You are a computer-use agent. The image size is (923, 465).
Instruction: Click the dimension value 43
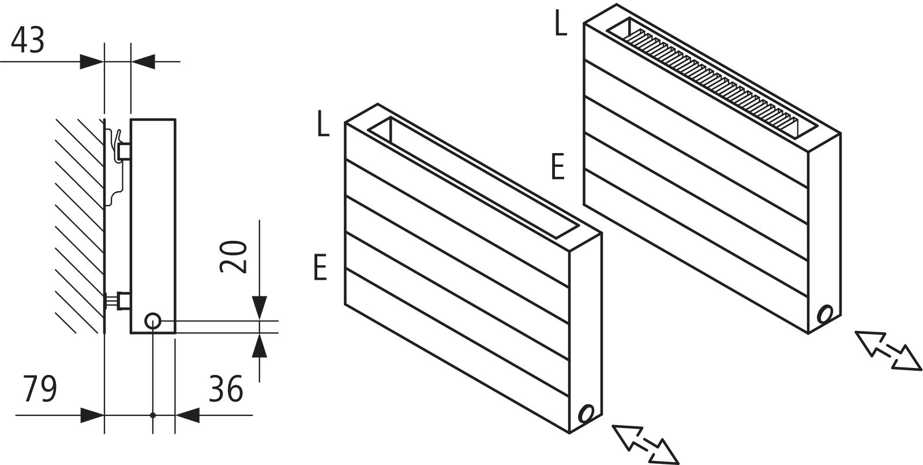pos(28,40)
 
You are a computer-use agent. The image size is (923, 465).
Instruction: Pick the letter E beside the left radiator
pos(321,267)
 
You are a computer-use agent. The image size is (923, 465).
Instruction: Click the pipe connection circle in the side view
pos(152,321)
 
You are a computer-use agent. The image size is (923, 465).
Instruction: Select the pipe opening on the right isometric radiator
pos(826,314)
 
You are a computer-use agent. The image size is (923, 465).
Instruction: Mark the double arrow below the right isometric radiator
pos(887,349)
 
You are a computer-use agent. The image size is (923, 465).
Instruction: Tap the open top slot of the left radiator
pos(473,179)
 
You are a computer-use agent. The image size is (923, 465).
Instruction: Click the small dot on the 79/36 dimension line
pos(152,415)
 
